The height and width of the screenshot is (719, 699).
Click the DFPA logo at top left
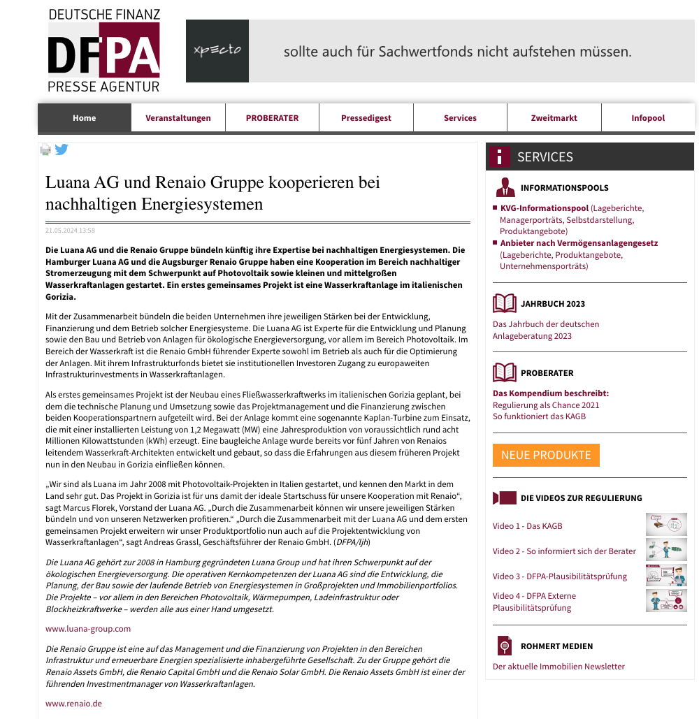103,51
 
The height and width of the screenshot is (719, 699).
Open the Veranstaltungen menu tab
178,118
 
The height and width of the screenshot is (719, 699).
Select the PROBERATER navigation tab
272,118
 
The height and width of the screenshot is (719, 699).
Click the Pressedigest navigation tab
366,118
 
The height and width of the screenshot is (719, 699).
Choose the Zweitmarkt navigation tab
554,118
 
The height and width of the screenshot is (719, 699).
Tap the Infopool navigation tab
648,118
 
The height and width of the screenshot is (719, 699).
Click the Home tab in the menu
85,118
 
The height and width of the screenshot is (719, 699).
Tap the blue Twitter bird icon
62,149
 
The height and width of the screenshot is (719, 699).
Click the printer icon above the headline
45,150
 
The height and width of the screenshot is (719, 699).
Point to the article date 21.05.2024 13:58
70,230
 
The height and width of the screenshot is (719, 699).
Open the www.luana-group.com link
88,629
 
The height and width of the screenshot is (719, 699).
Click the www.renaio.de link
73,704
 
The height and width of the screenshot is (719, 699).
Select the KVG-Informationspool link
545,208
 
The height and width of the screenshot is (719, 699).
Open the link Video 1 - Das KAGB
527,526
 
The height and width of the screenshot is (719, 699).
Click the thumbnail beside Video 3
666,575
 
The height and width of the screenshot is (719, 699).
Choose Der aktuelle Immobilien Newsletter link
559,667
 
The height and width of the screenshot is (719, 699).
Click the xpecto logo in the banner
217,51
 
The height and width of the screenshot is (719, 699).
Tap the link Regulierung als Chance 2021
546,405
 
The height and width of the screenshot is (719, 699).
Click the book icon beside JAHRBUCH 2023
504,303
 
